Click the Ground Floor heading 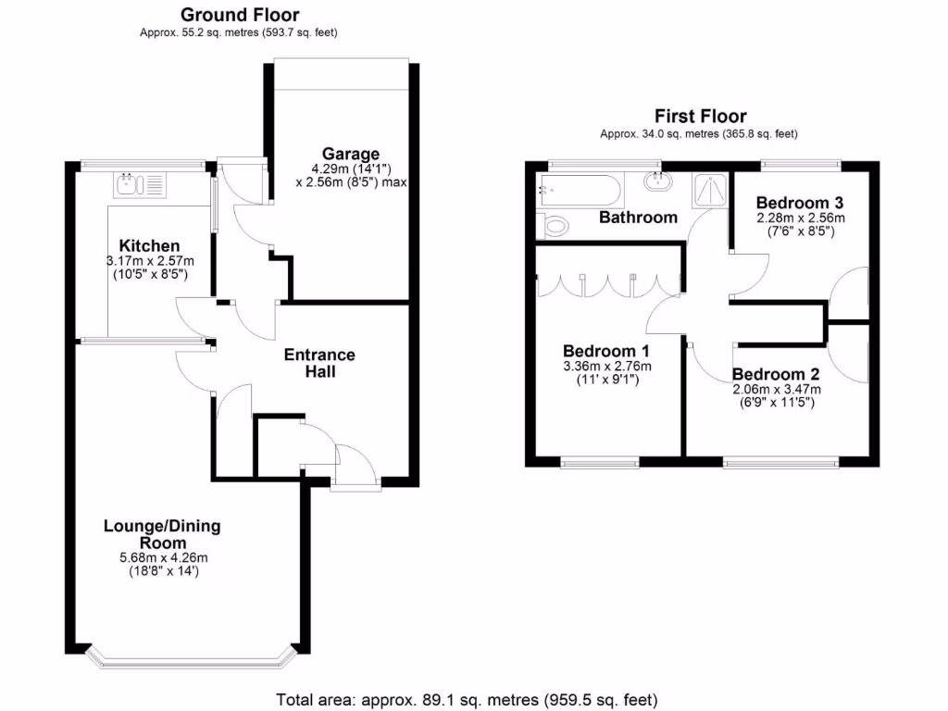coord(240,14)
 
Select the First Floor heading coord(700,116)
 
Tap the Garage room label coord(351,154)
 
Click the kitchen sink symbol coord(138,184)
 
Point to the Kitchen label coord(149,246)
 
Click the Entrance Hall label coord(318,363)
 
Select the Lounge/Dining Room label coord(162,534)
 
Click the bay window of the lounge coord(192,658)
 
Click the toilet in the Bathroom coord(555,225)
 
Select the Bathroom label coord(638,218)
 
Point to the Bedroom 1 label coord(606,351)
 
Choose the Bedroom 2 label coord(776,375)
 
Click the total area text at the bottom coord(467,699)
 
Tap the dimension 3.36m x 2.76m coord(606,366)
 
